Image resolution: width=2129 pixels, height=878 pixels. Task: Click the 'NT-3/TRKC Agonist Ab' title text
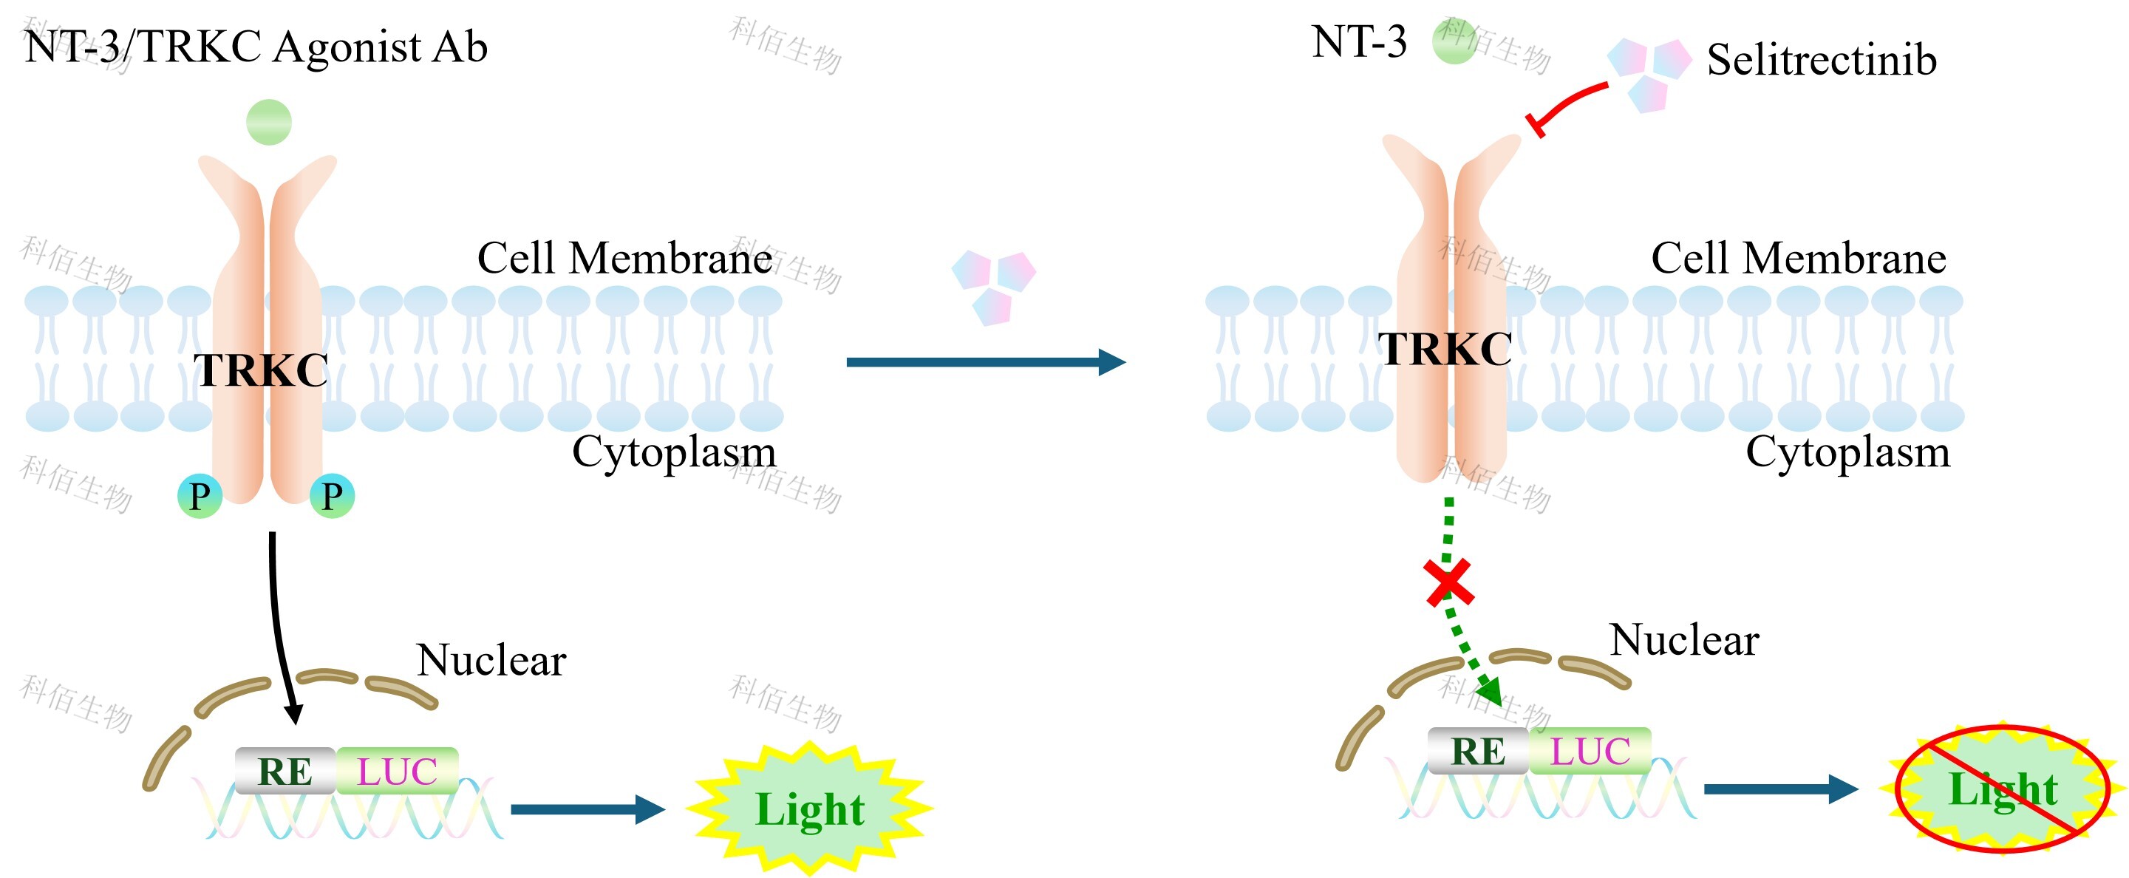pos(256,47)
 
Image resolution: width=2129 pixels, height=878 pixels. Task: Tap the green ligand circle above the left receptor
pos(268,123)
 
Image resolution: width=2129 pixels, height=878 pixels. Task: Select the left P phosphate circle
pos(200,496)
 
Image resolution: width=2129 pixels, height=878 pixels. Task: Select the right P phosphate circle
pos(333,496)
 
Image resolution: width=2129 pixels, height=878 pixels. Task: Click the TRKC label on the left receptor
pos(261,370)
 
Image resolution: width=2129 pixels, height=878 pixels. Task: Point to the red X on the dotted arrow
pos(1450,583)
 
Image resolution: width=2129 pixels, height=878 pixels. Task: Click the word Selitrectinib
pos(1822,60)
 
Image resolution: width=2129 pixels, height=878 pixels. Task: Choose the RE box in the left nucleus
pos(285,771)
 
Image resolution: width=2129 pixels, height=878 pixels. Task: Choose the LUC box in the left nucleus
pos(397,771)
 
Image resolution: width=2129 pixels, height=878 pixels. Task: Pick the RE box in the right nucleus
pos(1478,751)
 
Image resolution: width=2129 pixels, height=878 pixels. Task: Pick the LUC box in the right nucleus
pos(1590,751)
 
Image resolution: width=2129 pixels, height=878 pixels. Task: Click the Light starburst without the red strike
pos(810,809)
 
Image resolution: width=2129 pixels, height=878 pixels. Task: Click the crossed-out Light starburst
pos(2002,789)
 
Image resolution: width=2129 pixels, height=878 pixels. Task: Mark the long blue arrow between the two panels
pos(984,362)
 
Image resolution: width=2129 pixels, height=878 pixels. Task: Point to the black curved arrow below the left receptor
pos(277,620)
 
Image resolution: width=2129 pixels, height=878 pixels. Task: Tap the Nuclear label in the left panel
pos(491,660)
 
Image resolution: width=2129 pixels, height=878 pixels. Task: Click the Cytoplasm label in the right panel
pos(1848,452)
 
